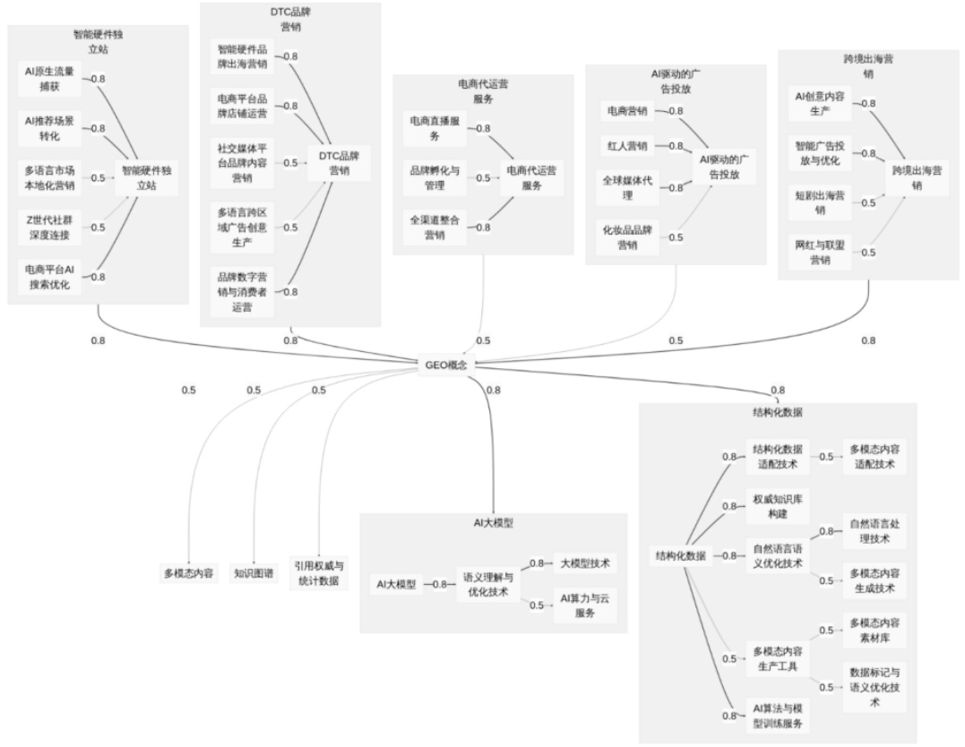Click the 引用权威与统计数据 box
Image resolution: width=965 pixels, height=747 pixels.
[x=318, y=573]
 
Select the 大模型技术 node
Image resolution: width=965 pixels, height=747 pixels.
[x=585, y=563]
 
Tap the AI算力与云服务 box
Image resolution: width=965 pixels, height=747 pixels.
[x=585, y=605]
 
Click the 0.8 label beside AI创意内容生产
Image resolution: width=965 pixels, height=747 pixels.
[x=868, y=104]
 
